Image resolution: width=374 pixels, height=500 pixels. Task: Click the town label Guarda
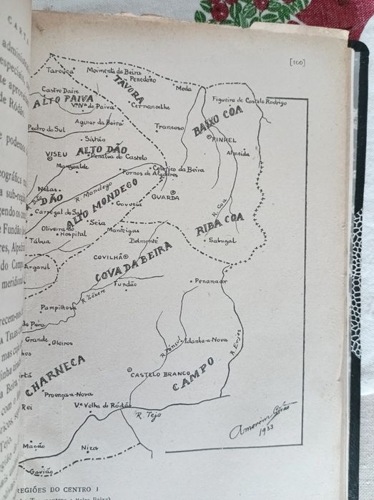tap(165, 197)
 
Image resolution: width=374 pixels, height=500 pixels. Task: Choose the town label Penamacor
tap(211, 281)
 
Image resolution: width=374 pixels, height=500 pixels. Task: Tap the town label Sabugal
tap(222, 241)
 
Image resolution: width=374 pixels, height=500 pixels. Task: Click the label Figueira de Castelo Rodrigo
tap(250, 101)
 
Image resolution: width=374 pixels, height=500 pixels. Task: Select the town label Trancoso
tap(169, 127)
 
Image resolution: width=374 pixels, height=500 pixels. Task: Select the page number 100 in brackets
tap(297, 62)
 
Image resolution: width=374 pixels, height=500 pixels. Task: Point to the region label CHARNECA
tap(55, 376)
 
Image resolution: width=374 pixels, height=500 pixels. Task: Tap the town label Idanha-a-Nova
tap(205, 340)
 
